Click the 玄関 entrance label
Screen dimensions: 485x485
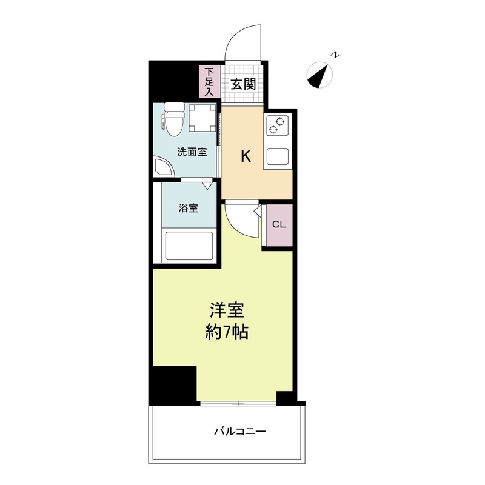click(242, 84)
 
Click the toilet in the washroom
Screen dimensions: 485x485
click(173, 120)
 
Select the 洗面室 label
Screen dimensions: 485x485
click(192, 152)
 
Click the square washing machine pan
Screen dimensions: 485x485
click(202, 119)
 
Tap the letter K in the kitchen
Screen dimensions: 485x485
click(246, 156)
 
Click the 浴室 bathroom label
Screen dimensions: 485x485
click(188, 209)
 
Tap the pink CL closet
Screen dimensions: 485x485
click(278, 224)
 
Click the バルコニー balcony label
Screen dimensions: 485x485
click(240, 432)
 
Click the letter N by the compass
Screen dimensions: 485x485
click(335, 56)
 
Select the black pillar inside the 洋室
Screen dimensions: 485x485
click(175, 384)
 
